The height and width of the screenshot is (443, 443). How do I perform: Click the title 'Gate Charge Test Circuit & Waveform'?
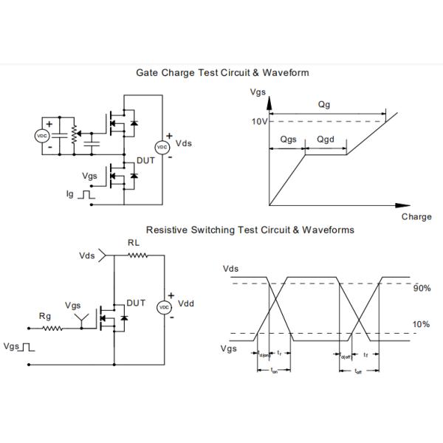pyautogui.click(x=222, y=72)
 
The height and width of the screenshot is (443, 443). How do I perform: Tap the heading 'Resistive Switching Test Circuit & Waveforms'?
pyautogui.click(x=250, y=230)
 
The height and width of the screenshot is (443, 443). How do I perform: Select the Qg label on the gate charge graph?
pyautogui.click(x=323, y=105)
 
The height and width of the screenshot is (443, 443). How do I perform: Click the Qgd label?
pyautogui.click(x=326, y=140)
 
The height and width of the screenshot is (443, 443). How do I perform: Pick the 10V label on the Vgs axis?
pyautogui.click(x=258, y=121)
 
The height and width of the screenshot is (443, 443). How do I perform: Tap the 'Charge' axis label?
pyautogui.click(x=416, y=217)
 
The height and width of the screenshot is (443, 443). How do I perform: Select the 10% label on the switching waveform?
pyautogui.click(x=421, y=324)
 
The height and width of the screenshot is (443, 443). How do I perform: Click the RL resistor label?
pyautogui.click(x=134, y=241)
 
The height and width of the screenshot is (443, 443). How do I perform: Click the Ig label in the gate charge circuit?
pyautogui.click(x=71, y=194)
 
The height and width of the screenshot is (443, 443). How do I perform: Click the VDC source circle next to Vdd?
pyautogui.click(x=165, y=306)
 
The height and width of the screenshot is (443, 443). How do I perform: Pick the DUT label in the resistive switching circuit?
pyautogui.click(x=136, y=303)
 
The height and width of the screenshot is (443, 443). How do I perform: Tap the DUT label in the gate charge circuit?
pyautogui.click(x=145, y=160)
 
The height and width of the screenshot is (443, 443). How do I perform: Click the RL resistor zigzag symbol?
pyautogui.click(x=137, y=255)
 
